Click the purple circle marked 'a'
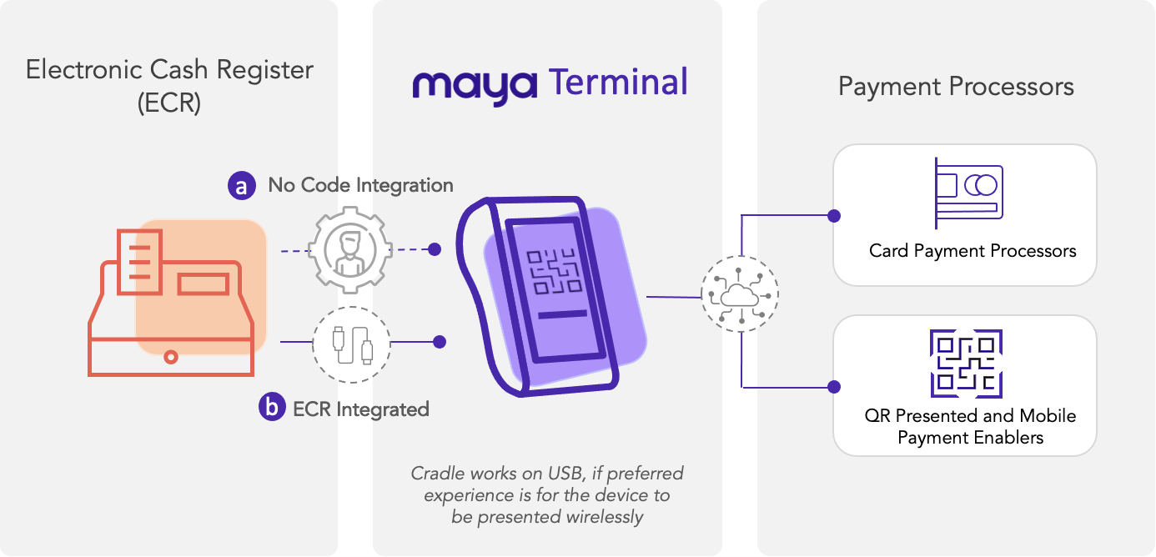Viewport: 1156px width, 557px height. (x=242, y=186)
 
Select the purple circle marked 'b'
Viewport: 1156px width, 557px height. (x=272, y=408)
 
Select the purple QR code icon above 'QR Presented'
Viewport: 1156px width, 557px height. (x=966, y=364)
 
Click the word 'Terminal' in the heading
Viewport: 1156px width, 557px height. (x=618, y=83)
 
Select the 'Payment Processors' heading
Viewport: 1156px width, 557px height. (x=956, y=87)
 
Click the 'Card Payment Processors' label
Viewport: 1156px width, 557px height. (x=973, y=250)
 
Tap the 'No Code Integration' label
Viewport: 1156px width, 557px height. (x=360, y=185)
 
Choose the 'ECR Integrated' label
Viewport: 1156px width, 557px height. (x=361, y=409)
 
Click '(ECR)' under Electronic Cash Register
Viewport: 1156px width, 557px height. (x=170, y=103)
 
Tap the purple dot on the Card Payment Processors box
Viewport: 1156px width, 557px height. (x=832, y=216)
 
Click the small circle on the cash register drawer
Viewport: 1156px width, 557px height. (x=171, y=357)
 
